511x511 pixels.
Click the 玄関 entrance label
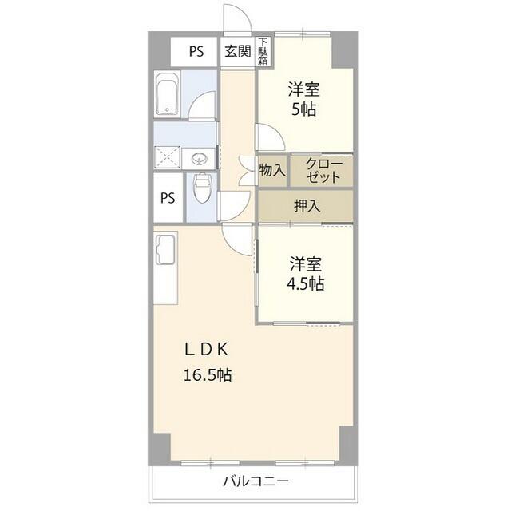(x=238, y=51)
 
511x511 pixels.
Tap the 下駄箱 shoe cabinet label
(x=263, y=51)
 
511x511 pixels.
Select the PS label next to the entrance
(x=196, y=51)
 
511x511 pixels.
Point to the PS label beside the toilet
(x=168, y=198)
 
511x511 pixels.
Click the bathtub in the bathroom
(x=168, y=93)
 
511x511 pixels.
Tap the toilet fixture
(x=202, y=188)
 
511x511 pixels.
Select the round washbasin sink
(x=199, y=160)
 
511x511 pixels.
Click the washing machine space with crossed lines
(x=167, y=158)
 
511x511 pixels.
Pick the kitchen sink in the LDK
(x=165, y=250)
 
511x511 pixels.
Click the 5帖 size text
(x=303, y=109)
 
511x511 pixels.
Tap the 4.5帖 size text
(x=305, y=284)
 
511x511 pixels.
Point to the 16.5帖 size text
(x=208, y=375)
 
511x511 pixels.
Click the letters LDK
(x=207, y=350)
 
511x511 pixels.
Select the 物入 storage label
(x=272, y=170)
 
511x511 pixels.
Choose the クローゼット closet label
(x=323, y=170)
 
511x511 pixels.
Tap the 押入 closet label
(x=307, y=206)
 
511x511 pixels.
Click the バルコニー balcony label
(x=255, y=481)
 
